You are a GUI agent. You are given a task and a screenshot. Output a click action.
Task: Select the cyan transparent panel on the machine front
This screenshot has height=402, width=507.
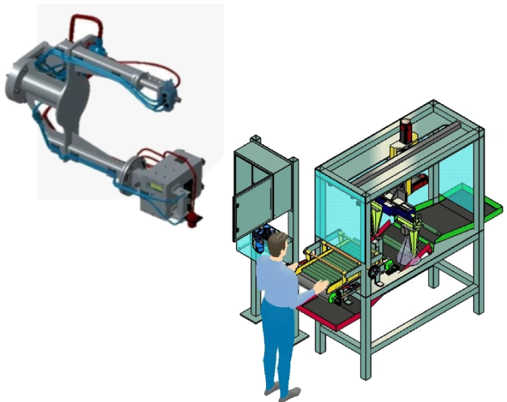[x=339, y=204]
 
